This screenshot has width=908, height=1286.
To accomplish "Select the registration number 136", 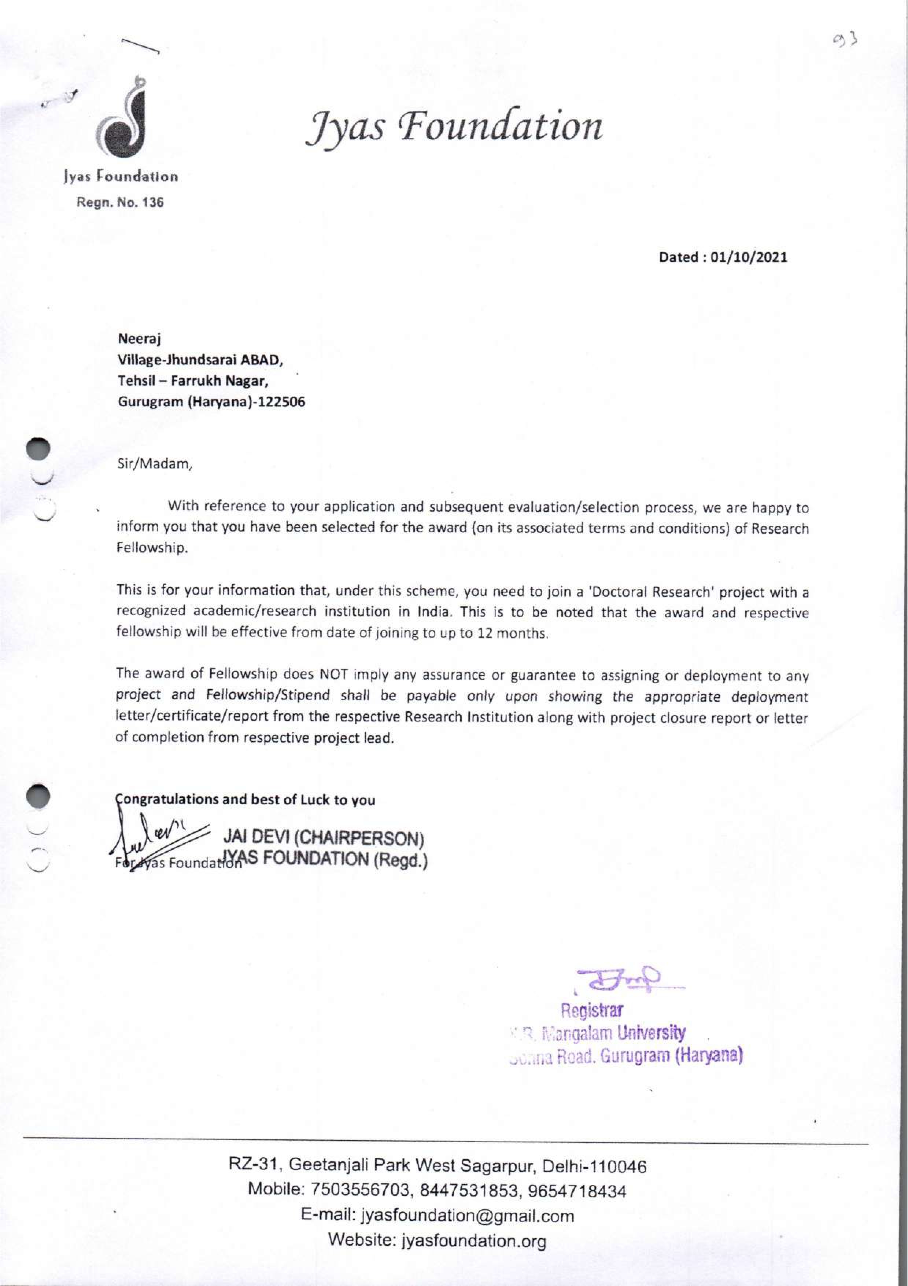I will [152, 202].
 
